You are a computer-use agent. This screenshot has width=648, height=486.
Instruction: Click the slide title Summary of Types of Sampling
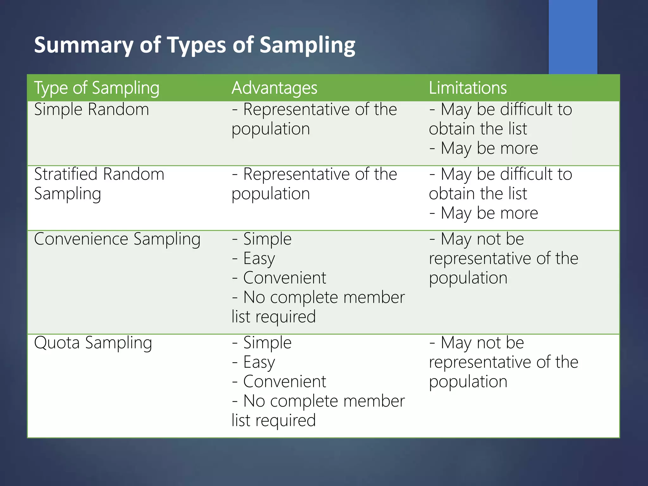click(x=194, y=45)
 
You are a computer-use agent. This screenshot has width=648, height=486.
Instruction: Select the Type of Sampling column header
click(x=97, y=88)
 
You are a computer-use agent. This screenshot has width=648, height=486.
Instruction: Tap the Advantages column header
click(x=274, y=88)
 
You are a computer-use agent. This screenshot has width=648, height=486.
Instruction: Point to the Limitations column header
click(x=468, y=88)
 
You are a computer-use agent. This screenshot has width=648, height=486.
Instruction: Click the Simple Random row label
click(x=91, y=109)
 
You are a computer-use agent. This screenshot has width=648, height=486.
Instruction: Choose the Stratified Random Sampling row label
click(x=99, y=184)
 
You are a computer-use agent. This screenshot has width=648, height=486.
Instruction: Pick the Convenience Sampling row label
click(x=117, y=239)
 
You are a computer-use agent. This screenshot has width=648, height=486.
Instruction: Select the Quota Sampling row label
click(x=93, y=343)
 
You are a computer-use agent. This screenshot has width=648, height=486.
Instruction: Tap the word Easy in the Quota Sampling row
click(x=259, y=363)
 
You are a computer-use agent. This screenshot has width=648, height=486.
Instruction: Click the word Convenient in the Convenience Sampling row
click(x=284, y=278)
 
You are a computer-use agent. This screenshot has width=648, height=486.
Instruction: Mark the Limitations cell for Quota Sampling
click(x=503, y=362)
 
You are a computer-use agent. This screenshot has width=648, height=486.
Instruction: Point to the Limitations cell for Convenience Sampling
click(x=503, y=259)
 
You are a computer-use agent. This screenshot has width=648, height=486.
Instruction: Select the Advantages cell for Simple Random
click(x=314, y=119)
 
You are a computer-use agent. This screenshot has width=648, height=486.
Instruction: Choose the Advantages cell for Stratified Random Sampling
click(x=314, y=184)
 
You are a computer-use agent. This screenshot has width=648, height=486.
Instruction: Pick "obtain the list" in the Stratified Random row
click(x=478, y=194)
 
